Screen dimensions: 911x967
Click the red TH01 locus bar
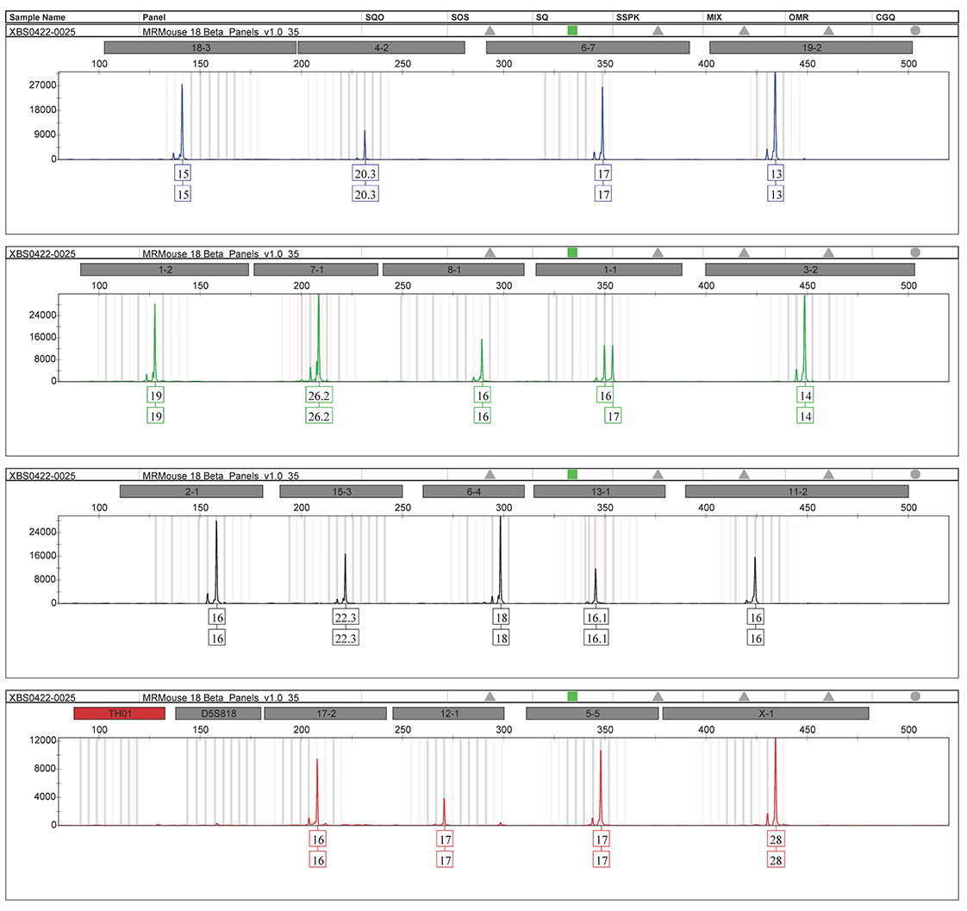(x=119, y=714)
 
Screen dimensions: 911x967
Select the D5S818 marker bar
(x=218, y=714)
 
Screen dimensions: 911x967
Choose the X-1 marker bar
(x=765, y=714)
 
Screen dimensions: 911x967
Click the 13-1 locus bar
(x=599, y=491)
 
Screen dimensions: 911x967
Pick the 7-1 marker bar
(x=315, y=270)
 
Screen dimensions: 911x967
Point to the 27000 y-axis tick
(x=43, y=85)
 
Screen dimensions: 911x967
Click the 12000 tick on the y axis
(x=43, y=740)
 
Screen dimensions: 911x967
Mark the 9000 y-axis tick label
(x=46, y=134)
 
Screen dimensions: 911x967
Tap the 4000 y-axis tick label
(x=46, y=797)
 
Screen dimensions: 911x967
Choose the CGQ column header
(x=885, y=16)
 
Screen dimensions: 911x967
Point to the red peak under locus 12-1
(x=444, y=810)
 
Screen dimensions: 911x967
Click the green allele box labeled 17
(x=613, y=415)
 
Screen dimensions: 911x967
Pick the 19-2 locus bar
(x=810, y=47)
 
